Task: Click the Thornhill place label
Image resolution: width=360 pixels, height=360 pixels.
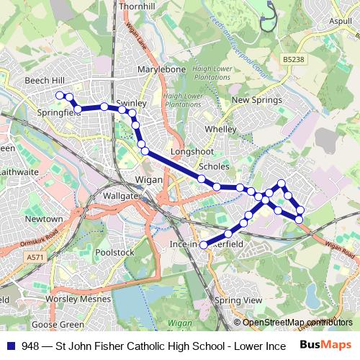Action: coord(138,6)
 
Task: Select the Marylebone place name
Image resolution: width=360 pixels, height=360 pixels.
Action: coord(161,69)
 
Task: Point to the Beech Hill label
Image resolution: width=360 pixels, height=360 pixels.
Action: coord(45,80)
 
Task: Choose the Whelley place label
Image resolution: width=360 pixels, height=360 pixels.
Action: coord(220,129)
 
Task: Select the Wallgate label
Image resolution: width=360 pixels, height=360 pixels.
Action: coord(120,196)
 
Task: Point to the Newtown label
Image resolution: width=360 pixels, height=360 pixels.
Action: coord(44,218)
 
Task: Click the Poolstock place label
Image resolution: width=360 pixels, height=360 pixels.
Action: coord(114,253)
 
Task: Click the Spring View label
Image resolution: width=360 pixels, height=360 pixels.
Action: coord(239,300)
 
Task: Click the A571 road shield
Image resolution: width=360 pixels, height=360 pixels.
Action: coord(33,257)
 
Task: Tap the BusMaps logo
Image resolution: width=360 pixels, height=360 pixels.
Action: coord(325,345)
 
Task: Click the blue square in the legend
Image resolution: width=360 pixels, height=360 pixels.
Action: coord(12,346)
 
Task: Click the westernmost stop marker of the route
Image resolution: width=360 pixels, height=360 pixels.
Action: coord(60,95)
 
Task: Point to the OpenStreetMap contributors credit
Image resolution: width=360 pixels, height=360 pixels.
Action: coord(295,323)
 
